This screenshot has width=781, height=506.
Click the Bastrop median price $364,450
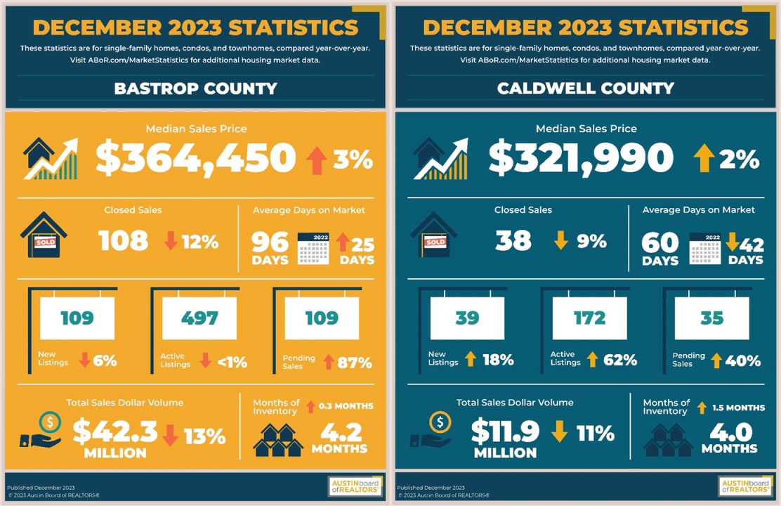[195, 158]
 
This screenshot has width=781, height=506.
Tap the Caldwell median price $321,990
[581, 158]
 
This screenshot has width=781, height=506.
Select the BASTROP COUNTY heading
[195, 89]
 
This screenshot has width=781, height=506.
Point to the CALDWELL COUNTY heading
[585, 89]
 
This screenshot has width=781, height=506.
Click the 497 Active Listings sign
[199, 318]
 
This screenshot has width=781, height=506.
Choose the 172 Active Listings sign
[589, 318]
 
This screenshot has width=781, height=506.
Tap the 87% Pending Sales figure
[355, 363]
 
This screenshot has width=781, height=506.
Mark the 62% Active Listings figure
[620, 361]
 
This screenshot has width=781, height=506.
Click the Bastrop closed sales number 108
[124, 241]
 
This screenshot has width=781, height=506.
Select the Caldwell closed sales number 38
[513, 241]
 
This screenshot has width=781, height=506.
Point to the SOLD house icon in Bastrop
[44, 236]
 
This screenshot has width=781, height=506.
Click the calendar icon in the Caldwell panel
[705, 247]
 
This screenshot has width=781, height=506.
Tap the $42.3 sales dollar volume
[115, 432]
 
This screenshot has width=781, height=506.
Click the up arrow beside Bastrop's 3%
[317, 160]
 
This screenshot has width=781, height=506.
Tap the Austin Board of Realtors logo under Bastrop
[355, 486]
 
